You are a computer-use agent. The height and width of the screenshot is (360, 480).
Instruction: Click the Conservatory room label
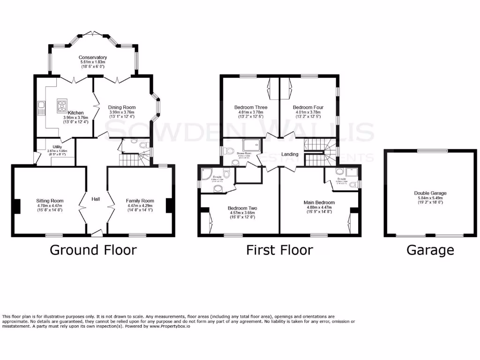tap(93, 57)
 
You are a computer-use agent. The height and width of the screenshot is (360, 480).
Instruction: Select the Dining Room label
tap(122, 107)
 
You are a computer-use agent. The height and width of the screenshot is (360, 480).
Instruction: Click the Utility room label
tap(57, 147)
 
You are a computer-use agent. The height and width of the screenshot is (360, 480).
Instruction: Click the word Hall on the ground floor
tap(96, 199)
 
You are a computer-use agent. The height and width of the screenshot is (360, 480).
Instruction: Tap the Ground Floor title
tap(93, 250)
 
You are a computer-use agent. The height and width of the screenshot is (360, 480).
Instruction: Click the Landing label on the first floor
tap(290, 154)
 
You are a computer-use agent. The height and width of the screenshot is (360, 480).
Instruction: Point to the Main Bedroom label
tap(319, 202)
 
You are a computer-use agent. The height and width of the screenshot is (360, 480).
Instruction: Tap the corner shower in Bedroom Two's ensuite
tap(206, 175)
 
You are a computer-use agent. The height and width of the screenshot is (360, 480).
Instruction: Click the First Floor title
tap(279, 250)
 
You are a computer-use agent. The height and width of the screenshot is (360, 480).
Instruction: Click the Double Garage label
tap(430, 193)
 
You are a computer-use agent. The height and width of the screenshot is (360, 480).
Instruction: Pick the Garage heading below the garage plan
tap(430, 250)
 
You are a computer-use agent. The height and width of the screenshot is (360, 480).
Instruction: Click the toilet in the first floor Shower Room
tap(229, 151)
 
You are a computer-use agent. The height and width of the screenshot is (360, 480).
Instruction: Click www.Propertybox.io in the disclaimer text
tap(170, 326)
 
